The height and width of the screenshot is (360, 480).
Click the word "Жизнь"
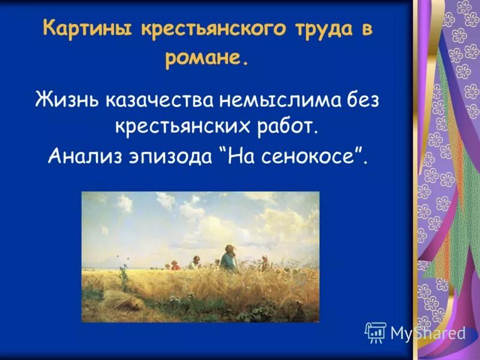tap(67, 98)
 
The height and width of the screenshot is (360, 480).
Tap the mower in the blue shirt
tap(228, 260)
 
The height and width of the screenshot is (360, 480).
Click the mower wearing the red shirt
tap(175, 265)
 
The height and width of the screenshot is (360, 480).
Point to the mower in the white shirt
tap(194, 263)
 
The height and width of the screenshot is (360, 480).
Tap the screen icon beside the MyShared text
tap(375, 331)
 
